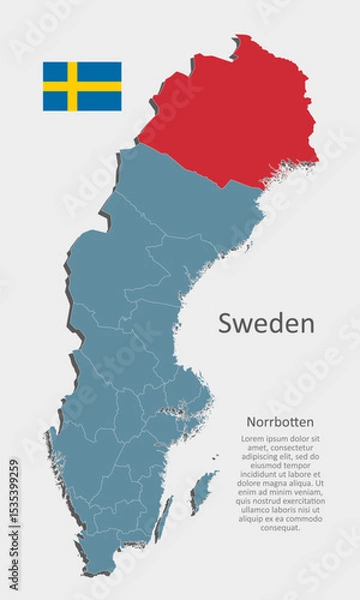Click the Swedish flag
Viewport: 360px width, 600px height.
coord(81,86)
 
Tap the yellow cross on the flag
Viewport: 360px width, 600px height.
coord(72,86)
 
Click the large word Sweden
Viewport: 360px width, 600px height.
coord(266,324)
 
